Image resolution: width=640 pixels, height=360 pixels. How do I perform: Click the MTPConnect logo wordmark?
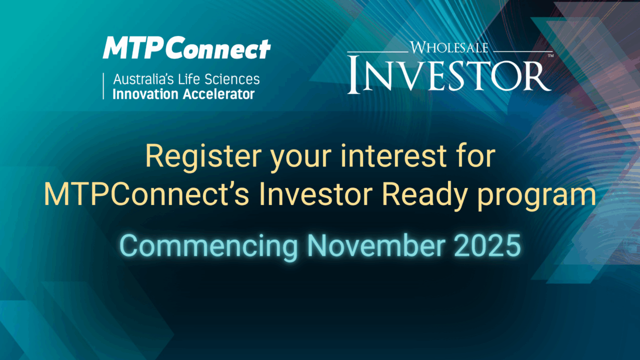tap(186, 47)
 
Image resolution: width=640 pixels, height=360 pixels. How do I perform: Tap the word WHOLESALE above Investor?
tap(449, 47)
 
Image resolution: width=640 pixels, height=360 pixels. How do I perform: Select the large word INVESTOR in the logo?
tap(449, 74)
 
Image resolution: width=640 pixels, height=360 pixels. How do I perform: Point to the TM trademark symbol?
tap(550, 55)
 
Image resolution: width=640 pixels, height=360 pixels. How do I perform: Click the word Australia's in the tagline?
tap(143, 79)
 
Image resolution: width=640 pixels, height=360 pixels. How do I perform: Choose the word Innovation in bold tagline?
tap(145, 94)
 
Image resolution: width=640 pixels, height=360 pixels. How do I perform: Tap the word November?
tap(376, 245)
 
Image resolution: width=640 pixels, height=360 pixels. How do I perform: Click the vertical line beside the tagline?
tap(103, 86)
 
